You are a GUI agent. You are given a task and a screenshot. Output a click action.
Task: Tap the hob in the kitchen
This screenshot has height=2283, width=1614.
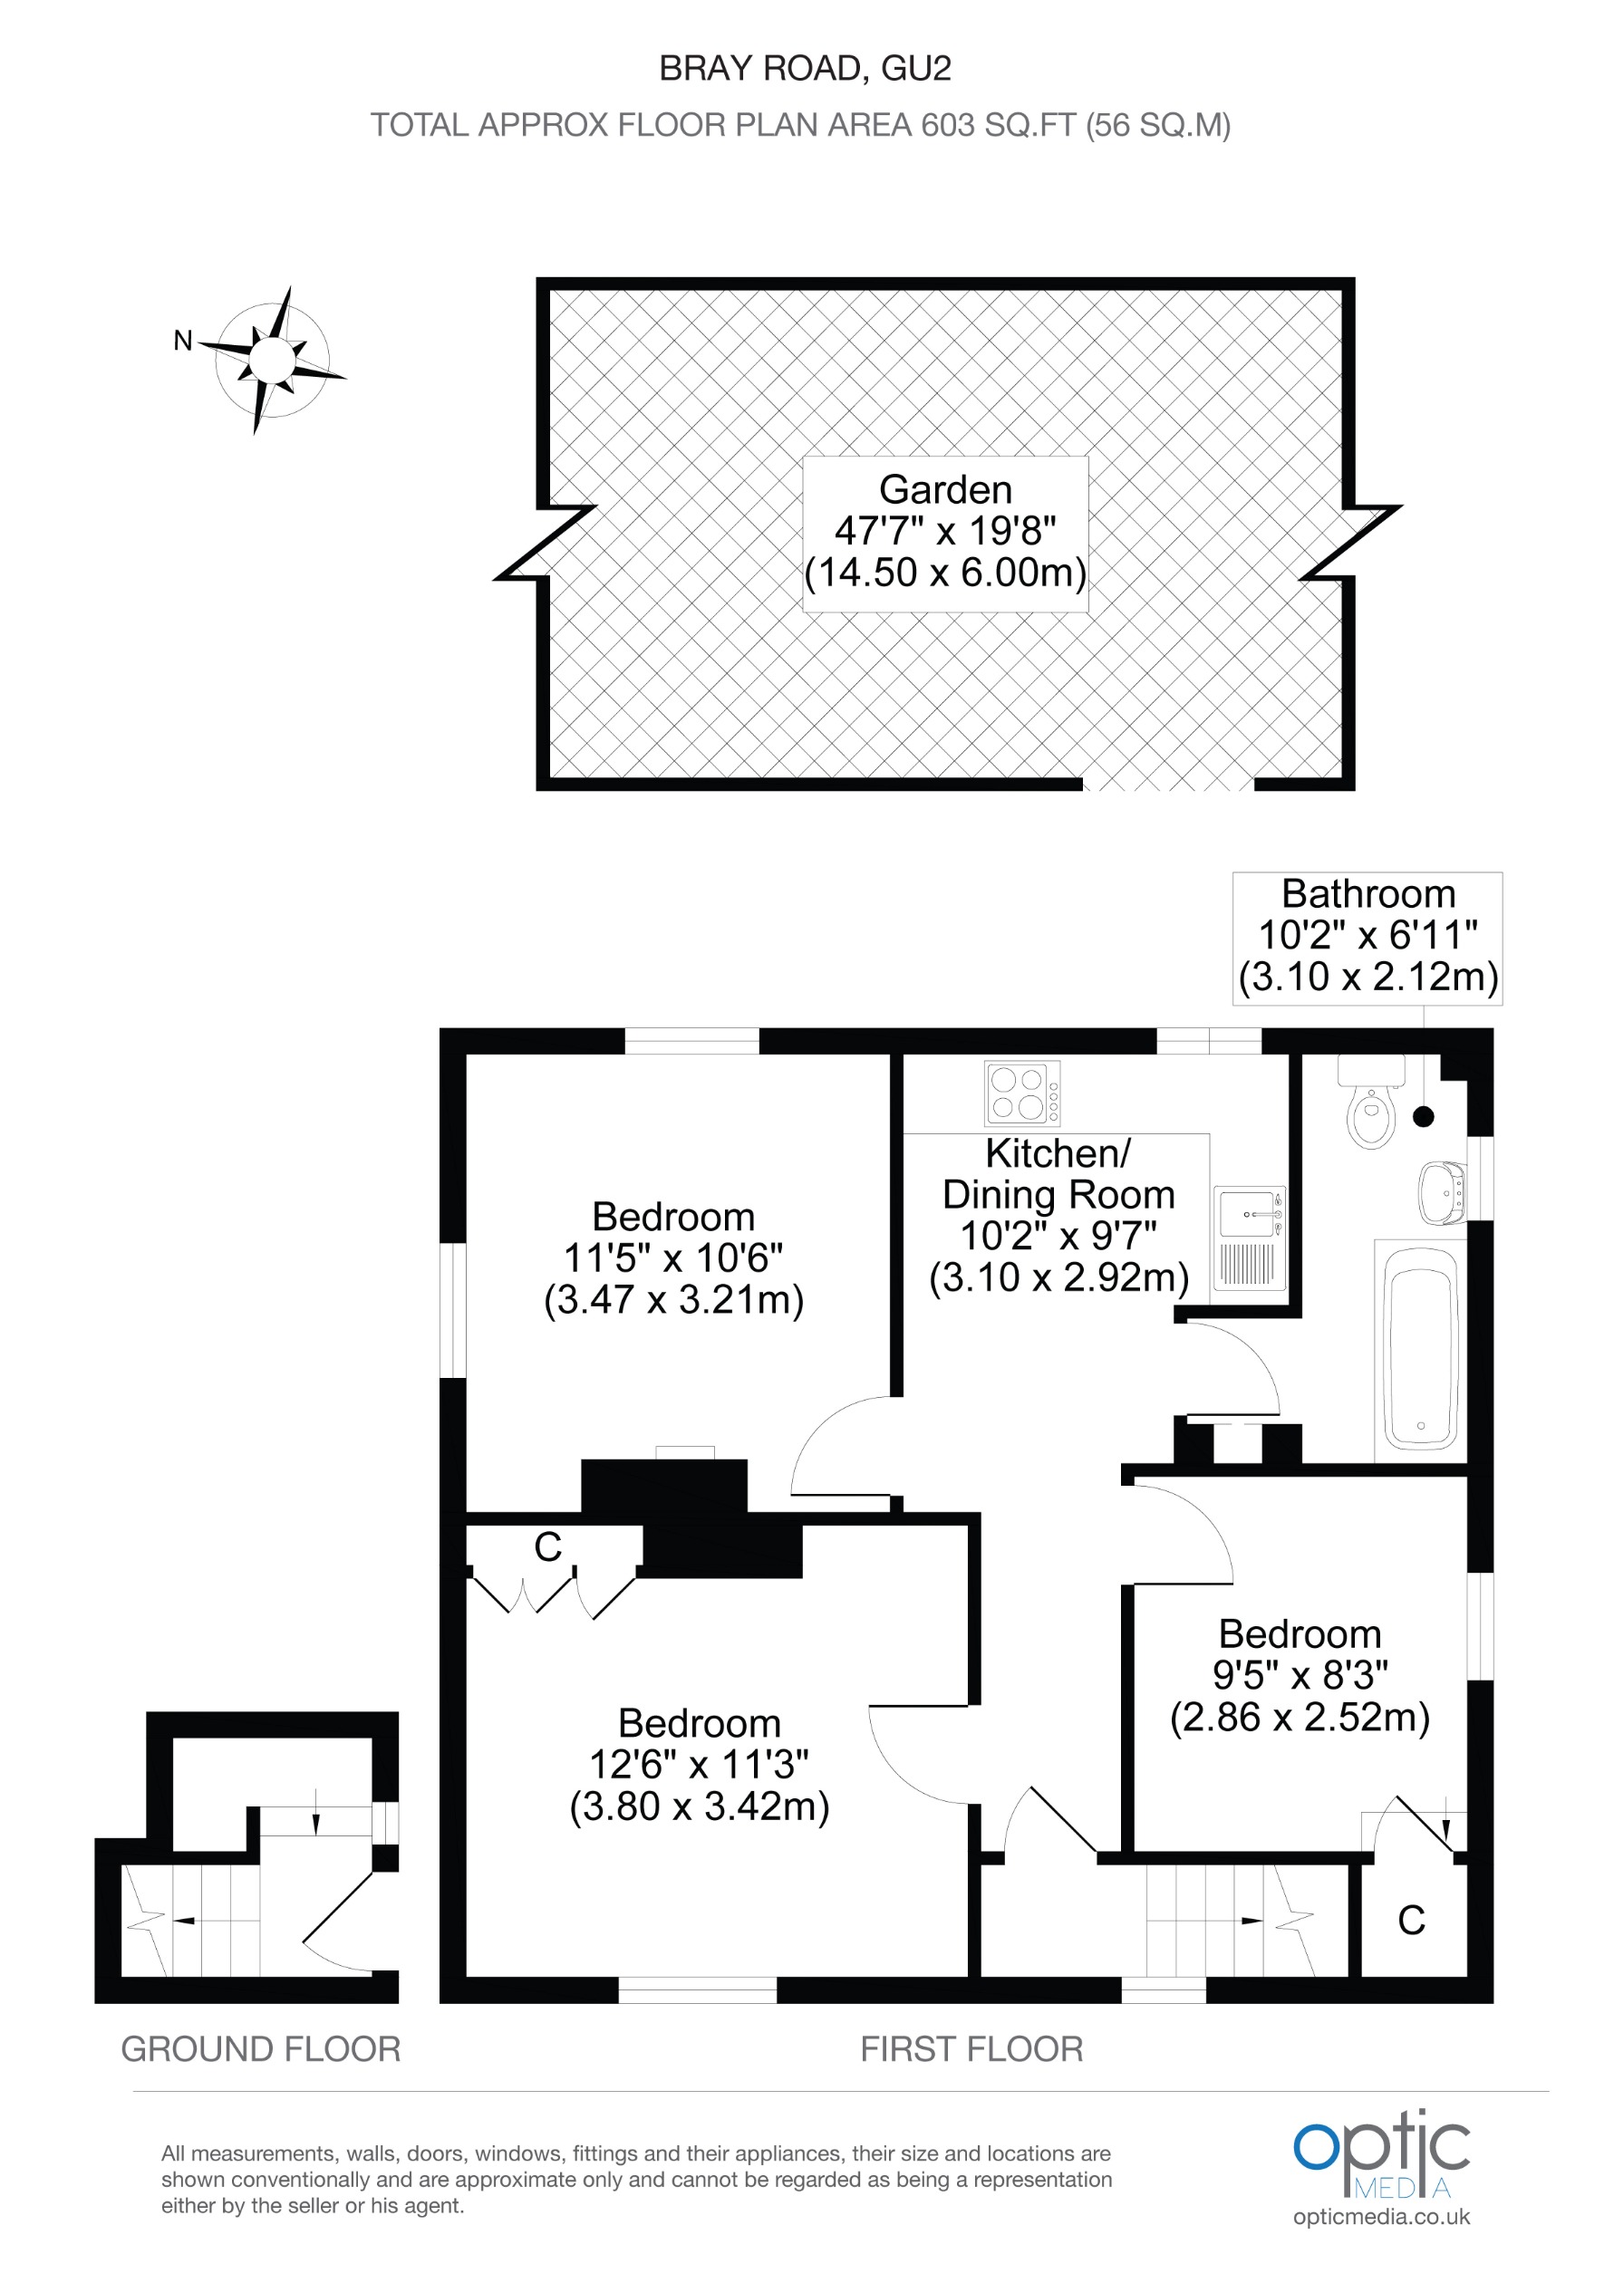point(1021,1092)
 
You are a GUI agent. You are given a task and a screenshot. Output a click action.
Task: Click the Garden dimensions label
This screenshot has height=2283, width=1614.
point(944,532)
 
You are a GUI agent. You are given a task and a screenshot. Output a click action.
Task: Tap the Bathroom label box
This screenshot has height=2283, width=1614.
point(1368,936)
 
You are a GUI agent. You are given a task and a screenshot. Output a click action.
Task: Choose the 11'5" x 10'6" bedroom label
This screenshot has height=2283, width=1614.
point(673,1257)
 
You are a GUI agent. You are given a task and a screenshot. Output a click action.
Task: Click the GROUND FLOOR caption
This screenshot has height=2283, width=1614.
point(261,2049)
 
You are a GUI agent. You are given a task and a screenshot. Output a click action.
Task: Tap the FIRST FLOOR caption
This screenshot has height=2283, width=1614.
point(971,2049)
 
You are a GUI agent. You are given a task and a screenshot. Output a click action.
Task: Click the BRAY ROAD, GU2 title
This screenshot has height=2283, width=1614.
point(806,69)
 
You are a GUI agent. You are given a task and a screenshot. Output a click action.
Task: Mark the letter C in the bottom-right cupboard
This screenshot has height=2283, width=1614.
point(1411,1920)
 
